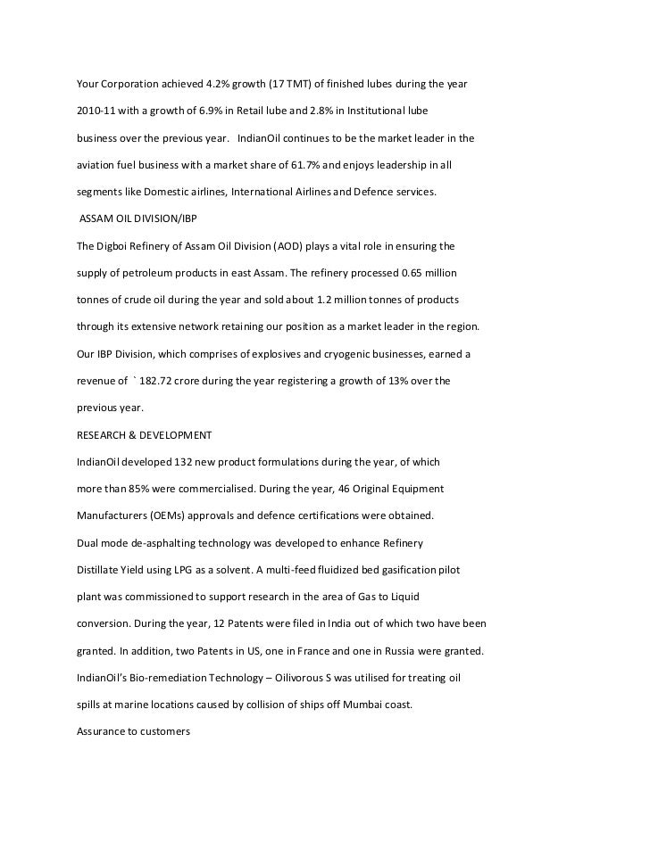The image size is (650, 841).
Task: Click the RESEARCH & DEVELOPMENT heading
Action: click(145, 435)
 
